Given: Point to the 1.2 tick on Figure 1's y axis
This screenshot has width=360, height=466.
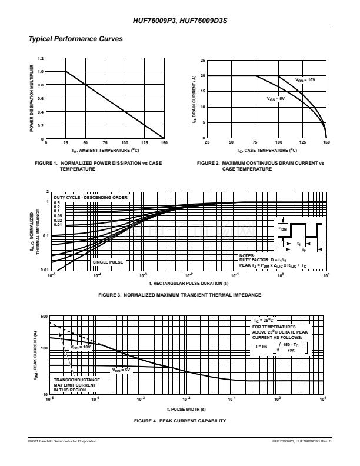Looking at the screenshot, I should point(41,58).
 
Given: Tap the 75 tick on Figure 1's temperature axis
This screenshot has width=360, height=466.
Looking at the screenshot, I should point(105,143).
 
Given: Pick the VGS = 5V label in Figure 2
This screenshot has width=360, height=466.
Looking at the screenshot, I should point(275,99).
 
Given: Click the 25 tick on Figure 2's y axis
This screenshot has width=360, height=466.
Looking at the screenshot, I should point(202,61).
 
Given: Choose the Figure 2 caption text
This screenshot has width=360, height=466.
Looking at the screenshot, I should point(260,165).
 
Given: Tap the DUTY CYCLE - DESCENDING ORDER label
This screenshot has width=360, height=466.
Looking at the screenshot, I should point(91,197).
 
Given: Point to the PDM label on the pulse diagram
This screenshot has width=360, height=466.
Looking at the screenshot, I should point(283,227).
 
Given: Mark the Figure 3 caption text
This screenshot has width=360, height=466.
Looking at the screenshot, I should point(179,294).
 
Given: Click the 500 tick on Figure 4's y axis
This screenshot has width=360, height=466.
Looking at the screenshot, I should point(44,317).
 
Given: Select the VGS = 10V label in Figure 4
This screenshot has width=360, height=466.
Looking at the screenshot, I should point(81,347).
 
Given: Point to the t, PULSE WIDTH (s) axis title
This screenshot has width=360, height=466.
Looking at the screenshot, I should point(186,408).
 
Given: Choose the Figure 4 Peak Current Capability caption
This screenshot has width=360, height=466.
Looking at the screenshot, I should point(179,421).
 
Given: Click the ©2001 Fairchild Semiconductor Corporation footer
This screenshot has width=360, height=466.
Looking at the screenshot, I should point(62,441).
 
